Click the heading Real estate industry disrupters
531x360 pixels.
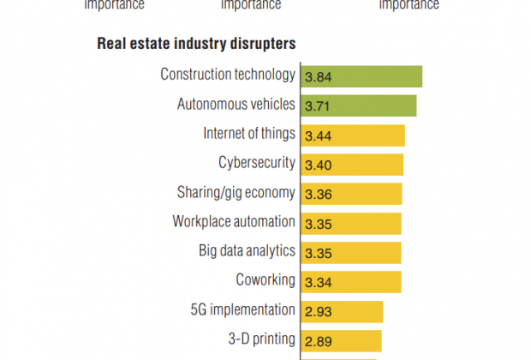click(197, 43)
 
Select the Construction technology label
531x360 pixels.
click(228, 75)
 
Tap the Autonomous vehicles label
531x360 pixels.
click(236, 105)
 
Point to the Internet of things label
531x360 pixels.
click(249, 134)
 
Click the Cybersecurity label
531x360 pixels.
click(257, 163)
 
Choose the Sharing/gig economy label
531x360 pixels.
click(236, 192)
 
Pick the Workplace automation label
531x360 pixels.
click(234, 221)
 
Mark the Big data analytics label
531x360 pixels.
click(247, 251)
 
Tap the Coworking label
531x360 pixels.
click(265, 280)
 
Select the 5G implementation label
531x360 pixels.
click(243, 309)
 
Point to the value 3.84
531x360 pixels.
click(319, 76)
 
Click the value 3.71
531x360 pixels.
click(319, 105)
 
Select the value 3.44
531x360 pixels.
click(319, 135)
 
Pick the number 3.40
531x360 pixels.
click(319, 165)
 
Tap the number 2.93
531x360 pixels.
click(319, 311)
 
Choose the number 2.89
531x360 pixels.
click(319, 340)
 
